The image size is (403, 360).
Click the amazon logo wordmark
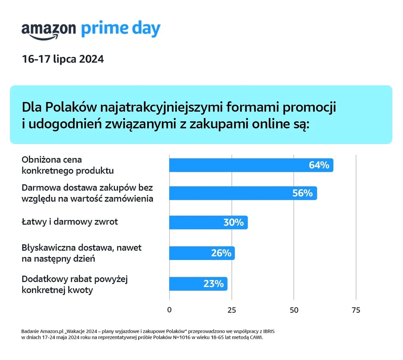tap(49, 30)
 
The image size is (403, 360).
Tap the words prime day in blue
tap(121, 30)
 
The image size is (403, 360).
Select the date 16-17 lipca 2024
tap(63, 59)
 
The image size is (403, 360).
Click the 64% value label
tap(319, 165)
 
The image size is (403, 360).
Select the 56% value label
tap(302, 193)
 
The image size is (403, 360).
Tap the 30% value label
tap(233, 222)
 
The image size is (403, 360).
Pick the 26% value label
tap(221, 253)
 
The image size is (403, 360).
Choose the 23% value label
tap(213, 284)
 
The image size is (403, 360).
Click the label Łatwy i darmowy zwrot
tap(70, 222)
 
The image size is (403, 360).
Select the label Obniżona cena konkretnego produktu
tap(68, 165)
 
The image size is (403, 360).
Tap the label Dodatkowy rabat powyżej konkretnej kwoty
tap(75, 285)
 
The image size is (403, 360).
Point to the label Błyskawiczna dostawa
tap(81, 253)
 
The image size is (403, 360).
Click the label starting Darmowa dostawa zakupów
tap(87, 193)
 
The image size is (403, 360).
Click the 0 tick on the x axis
tap(170, 310)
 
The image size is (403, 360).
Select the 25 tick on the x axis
tap(232, 310)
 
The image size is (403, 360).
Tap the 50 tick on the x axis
tap(294, 310)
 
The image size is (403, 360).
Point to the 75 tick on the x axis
tap(356, 310)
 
